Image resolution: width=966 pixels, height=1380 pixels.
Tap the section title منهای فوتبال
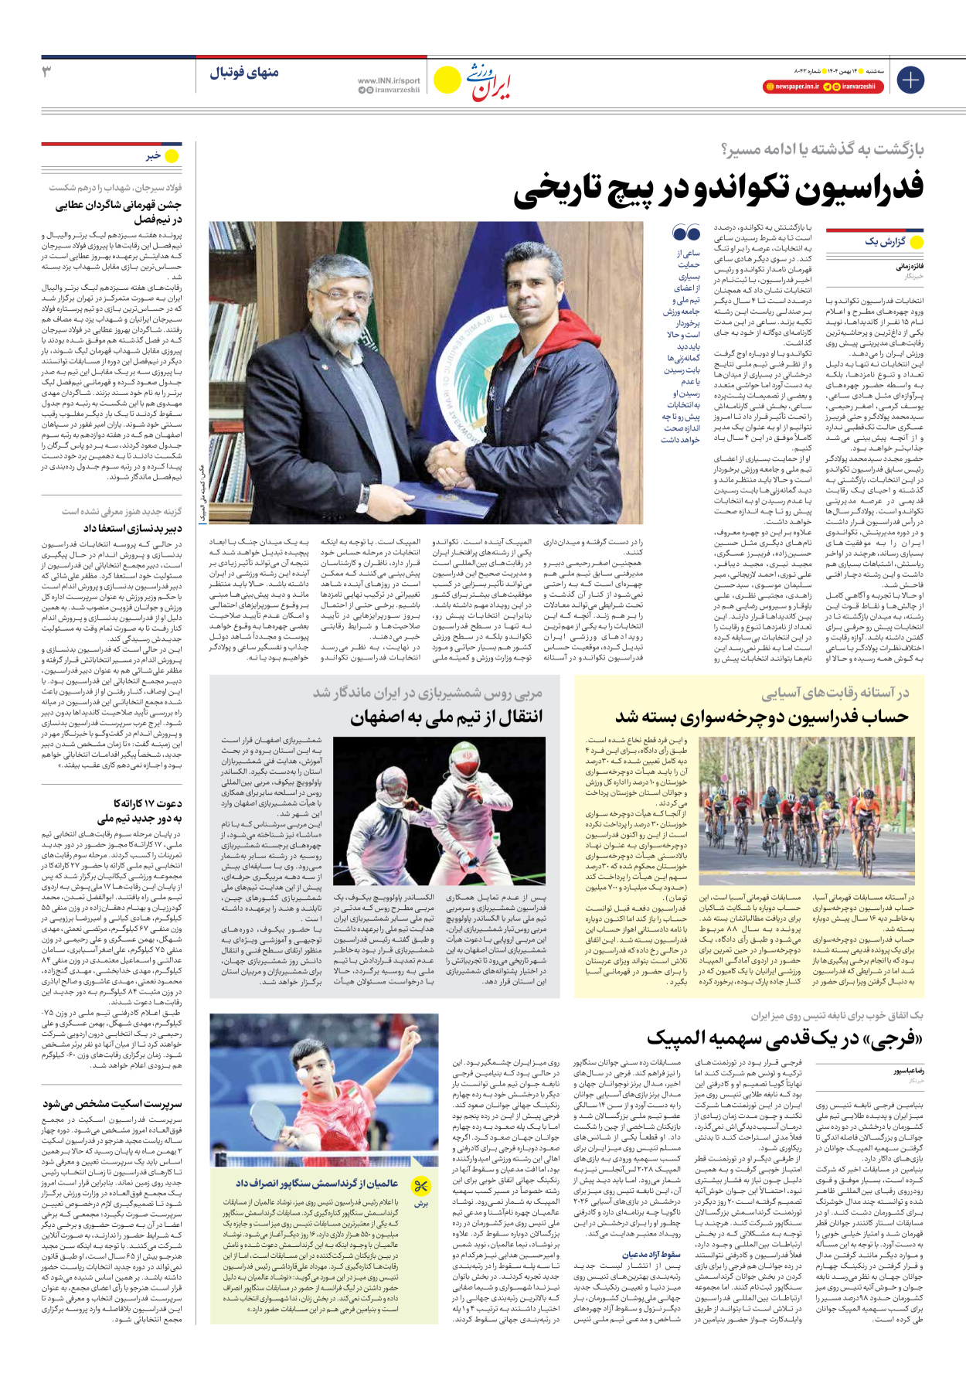point(244,73)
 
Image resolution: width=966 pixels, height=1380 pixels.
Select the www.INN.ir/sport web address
point(389,80)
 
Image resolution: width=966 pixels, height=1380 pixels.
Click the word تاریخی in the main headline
point(568,189)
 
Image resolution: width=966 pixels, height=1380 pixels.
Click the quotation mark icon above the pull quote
point(685,232)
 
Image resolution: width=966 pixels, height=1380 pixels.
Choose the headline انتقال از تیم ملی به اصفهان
point(446,717)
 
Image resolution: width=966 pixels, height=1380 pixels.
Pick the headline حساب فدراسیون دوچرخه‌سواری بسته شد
point(761,717)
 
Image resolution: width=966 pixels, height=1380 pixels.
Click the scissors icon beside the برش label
point(420,1186)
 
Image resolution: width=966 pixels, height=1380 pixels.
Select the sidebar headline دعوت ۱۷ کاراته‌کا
point(148,803)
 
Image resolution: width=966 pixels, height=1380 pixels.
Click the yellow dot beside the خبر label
point(172,156)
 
